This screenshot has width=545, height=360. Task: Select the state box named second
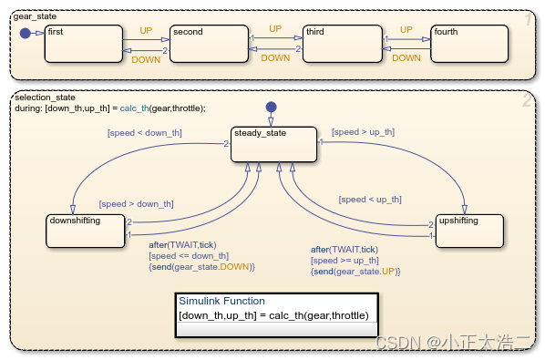tap(208, 44)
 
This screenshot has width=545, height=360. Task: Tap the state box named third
tap(339, 44)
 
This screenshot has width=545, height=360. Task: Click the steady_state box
tap(273, 146)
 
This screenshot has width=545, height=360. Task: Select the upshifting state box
tap(469, 231)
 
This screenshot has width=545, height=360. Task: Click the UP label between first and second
tap(146, 30)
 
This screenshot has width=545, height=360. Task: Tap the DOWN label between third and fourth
tap(406, 58)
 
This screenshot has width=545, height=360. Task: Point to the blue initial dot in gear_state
tap(25, 34)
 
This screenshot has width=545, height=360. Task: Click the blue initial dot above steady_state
tap(270, 108)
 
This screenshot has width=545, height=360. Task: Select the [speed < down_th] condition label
tap(145, 133)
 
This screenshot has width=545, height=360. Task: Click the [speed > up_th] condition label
tap(363, 132)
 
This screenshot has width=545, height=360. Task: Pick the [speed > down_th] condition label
tap(136, 203)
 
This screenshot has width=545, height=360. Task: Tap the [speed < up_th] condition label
tap(369, 199)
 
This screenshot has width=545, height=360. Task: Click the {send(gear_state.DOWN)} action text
tap(202, 267)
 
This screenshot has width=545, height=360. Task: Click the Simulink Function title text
tap(221, 301)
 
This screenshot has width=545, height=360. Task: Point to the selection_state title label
tap(45, 97)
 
